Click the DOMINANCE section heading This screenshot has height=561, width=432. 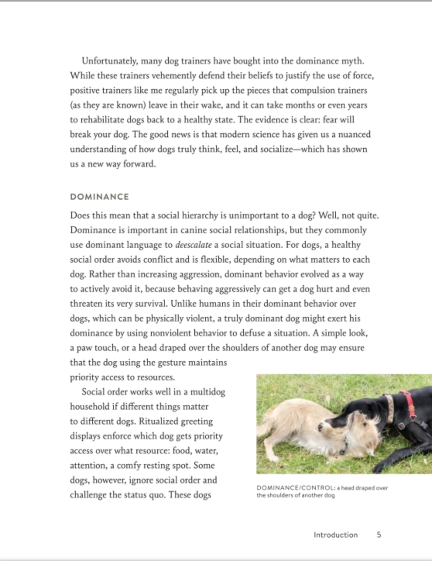click(x=99, y=197)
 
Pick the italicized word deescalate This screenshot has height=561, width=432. click(x=194, y=245)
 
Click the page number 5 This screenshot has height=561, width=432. click(x=379, y=535)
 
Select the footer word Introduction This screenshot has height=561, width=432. click(x=336, y=535)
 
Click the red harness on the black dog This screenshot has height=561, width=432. click(x=409, y=405)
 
